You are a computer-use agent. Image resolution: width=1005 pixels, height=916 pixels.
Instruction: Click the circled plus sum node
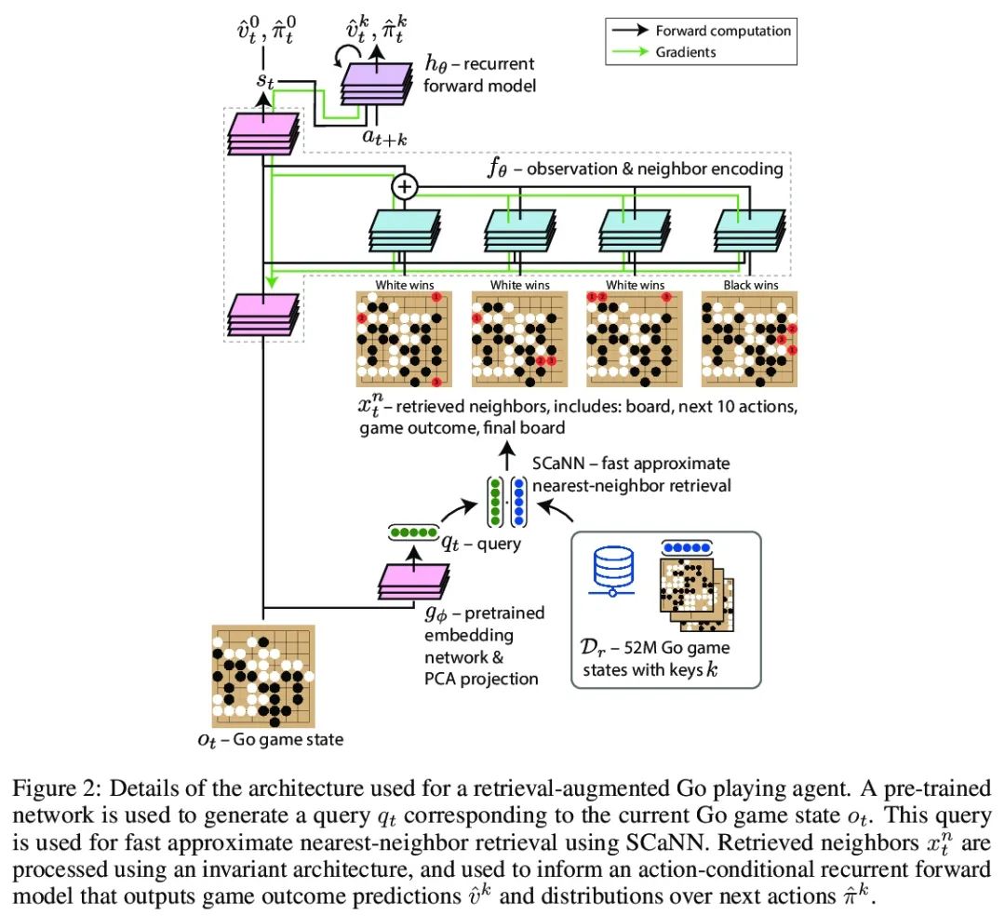coord(405,186)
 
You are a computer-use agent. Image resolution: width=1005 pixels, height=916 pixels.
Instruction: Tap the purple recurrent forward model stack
coord(376,84)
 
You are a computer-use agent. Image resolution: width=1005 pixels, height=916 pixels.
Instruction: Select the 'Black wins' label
coord(751,285)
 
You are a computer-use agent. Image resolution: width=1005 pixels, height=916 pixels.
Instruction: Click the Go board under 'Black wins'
coord(749,339)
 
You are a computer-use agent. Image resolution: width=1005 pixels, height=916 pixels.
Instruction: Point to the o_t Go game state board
coord(263,676)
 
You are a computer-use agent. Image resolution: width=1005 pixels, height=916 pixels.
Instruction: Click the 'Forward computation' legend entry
coord(702,31)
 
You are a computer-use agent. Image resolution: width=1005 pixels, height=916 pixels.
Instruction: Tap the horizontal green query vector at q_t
coord(413,532)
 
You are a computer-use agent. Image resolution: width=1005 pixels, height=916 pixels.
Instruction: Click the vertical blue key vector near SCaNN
coord(518,501)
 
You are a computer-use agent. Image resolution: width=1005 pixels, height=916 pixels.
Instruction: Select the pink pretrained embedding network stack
coord(414,582)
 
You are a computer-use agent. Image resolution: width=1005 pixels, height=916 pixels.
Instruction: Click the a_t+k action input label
coord(384,137)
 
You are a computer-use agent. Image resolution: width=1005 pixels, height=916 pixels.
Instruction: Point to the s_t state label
coord(265,81)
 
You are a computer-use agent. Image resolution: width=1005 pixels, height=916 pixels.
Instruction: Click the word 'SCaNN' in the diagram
coord(558,464)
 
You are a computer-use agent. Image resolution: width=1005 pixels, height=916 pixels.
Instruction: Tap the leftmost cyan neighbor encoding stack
coord(405,231)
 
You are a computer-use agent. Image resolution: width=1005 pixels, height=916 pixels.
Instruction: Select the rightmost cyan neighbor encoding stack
coord(749,231)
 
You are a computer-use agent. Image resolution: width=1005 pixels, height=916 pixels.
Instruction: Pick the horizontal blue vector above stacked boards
coord(687,548)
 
